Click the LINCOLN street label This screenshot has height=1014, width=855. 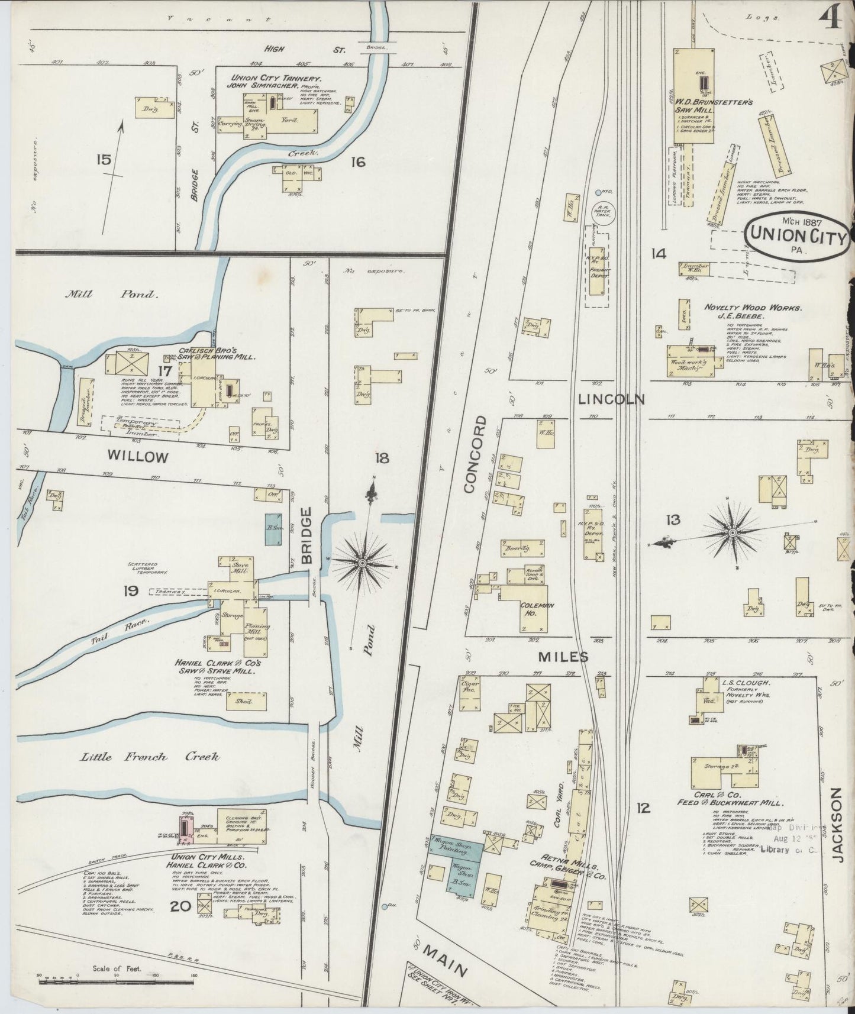[x=611, y=399]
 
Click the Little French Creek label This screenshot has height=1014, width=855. [x=149, y=757]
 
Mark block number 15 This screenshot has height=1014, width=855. [x=103, y=160]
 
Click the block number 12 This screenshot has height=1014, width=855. [x=643, y=807]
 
